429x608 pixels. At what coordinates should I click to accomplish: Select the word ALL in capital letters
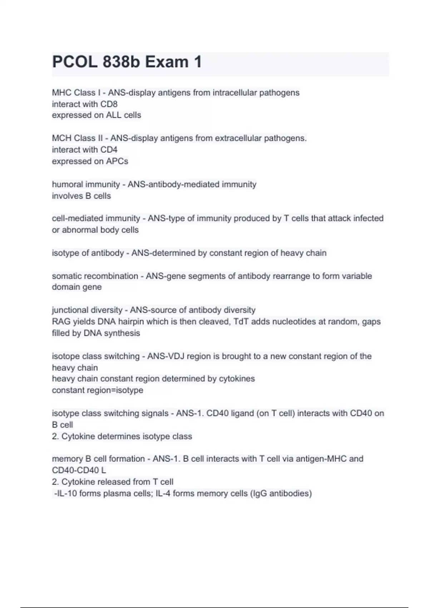(113, 115)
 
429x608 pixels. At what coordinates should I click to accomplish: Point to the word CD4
(109, 149)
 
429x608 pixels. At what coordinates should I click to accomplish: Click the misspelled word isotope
(66, 356)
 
